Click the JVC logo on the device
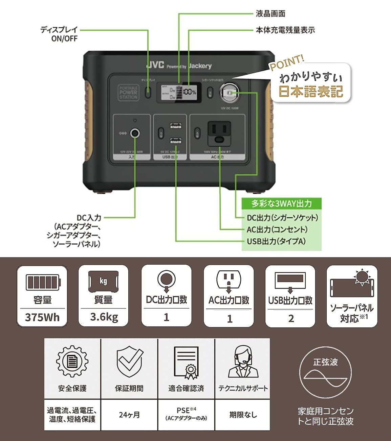pos(155,65)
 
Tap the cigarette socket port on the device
pos(229,92)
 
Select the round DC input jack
pos(135,133)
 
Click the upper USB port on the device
pos(175,126)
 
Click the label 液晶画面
pos(270,14)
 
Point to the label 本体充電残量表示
pos(285,30)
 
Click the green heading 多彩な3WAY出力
pos(281,204)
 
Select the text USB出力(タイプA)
pos(276,241)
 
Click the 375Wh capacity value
pos(42,317)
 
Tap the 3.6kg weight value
pos(104,317)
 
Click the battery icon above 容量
pos(43,282)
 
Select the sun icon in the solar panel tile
pos(362,277)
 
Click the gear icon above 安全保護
pos(72,361)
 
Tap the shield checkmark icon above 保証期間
pos(129,361)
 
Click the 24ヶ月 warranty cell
pos(129,415)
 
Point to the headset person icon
pos(243,361)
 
